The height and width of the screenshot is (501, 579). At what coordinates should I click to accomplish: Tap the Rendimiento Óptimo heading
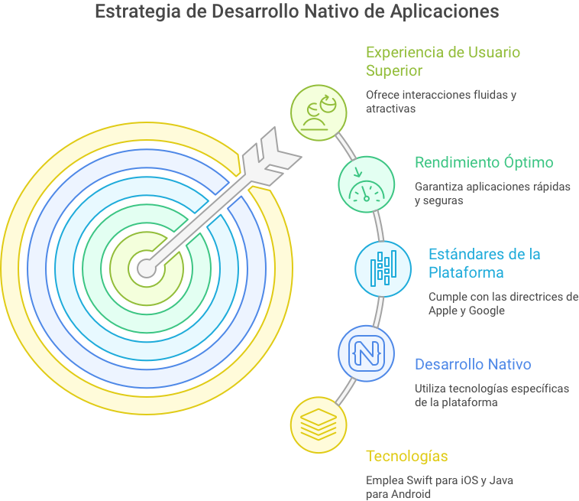[484, 162]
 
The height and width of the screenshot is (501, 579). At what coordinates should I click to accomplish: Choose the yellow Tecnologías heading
[406, 457]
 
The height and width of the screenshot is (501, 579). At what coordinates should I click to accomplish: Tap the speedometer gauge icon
[367, 183]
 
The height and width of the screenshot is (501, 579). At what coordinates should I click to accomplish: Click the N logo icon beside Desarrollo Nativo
[367, 353]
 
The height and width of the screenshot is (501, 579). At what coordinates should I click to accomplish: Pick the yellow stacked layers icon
[319, 425]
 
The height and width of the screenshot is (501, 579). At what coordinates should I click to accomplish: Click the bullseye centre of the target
[145, 268]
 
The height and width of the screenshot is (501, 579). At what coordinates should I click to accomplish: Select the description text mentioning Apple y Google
[503, 303]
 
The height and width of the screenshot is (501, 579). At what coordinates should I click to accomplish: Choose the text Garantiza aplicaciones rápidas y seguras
[492, 194]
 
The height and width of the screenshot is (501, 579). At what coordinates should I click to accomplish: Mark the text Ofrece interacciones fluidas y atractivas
[441, 102]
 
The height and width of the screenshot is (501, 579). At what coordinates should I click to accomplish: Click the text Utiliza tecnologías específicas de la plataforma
[491, 395]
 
